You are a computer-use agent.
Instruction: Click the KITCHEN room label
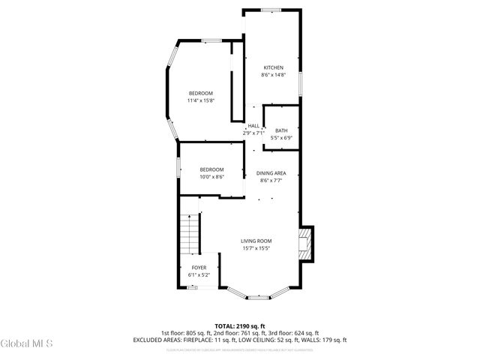[x=273, y=67]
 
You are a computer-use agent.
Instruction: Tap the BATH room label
[x=281, y=130]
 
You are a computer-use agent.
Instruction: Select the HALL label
[x=253, y=126]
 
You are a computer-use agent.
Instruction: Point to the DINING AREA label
[x=271, y=172]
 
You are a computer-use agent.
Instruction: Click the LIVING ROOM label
[x=255, y=241]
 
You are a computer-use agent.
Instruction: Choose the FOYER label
[x=199, y=268]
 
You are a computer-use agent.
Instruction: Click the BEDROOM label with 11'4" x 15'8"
[x=201, y=93]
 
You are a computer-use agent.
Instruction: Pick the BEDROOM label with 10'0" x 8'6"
[x=212, y=169]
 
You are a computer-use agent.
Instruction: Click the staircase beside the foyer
[x=190, y=235]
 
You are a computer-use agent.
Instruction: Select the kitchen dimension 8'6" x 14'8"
[x=273, y=75]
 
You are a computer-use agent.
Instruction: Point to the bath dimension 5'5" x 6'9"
[x=281, y=138]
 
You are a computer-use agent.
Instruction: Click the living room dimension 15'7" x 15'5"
[x=255, y=248]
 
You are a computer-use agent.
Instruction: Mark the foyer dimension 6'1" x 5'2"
[x=199, y=275]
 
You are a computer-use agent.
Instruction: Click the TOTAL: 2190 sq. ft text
[x=240, y=325]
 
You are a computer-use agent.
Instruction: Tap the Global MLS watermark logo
[x=26, y=344]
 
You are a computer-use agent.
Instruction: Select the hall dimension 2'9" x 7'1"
[x=253, y=133]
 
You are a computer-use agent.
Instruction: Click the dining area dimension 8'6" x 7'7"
[x=271, y=180]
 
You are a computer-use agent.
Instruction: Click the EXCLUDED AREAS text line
[x=240, y=340]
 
